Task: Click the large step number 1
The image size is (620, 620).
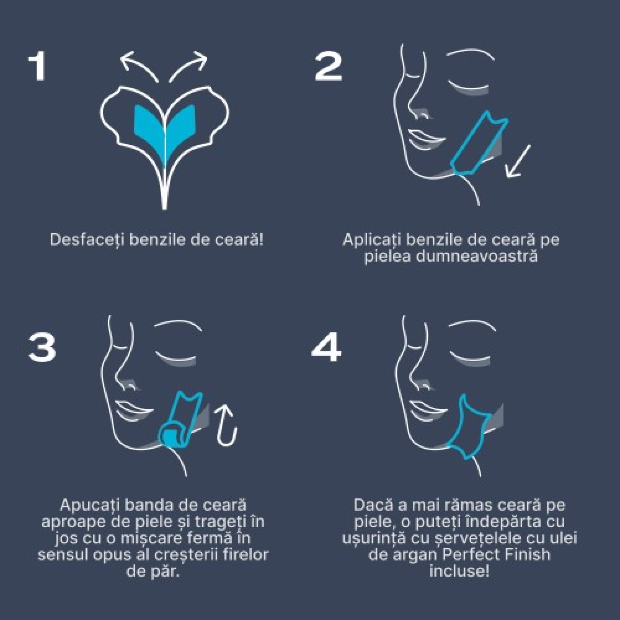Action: [x=37, y=66]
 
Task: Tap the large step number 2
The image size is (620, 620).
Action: [x=328, y=67]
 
